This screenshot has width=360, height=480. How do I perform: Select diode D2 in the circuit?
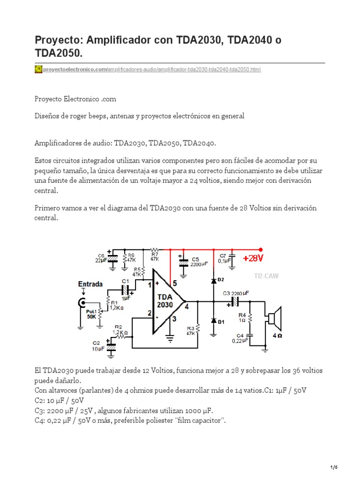pos(214,280)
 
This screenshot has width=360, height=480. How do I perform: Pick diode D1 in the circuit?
pos(214,321)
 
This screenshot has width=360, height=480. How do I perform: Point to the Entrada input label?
pos(90,285)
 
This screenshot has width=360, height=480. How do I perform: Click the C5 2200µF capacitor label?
pos(195,262)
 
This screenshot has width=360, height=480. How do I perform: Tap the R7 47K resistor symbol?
pos(155,250)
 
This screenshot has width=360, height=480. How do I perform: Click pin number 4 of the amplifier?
pos(187,307)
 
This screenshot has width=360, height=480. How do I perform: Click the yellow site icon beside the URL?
pos(38,69)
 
